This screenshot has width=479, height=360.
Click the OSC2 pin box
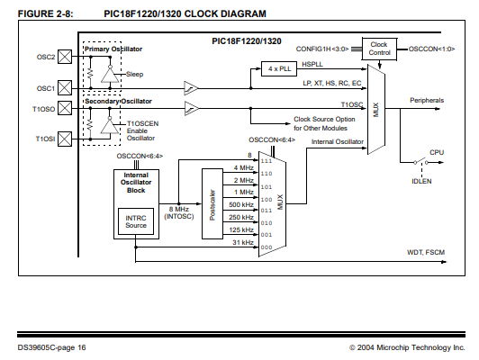65,57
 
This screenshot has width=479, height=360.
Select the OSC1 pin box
65,87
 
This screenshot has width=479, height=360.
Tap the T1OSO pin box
65,108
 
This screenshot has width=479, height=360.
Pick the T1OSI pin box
65,139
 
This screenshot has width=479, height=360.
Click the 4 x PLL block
279,68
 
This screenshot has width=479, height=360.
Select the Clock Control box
379,49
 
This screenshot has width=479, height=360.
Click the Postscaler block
212,203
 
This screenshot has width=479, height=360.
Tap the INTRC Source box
136,221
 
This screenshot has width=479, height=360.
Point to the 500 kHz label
241,204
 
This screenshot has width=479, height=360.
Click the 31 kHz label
243,242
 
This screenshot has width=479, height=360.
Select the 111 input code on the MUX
267,161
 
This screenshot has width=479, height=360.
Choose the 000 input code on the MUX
267,247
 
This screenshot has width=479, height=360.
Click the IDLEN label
421,182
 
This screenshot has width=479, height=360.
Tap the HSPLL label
312,64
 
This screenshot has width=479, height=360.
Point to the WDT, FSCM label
426,252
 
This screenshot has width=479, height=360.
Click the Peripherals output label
427,100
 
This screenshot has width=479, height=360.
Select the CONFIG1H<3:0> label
322,49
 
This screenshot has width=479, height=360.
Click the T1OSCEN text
142,123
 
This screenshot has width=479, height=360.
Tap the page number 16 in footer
82,347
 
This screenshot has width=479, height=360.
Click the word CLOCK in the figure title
201,13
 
